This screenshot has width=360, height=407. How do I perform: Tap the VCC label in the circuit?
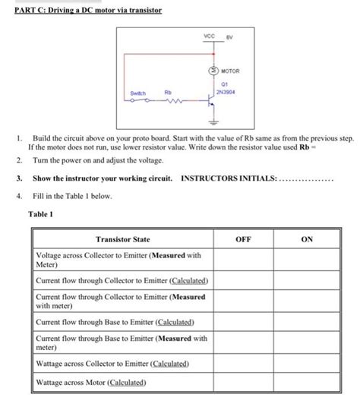click(x=210, y=36)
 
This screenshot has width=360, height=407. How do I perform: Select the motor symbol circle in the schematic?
click(x=213, y=71)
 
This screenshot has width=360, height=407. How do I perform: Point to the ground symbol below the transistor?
click(x=213, y=123)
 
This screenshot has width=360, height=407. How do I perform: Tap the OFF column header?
click(x=243, y=238)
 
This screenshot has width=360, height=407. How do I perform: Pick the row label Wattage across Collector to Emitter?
click(x=111, y=364)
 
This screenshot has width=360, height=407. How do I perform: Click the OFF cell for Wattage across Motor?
click(x=243, y=382)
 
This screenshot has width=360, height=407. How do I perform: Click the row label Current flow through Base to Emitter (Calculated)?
click(x=109, y=322)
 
